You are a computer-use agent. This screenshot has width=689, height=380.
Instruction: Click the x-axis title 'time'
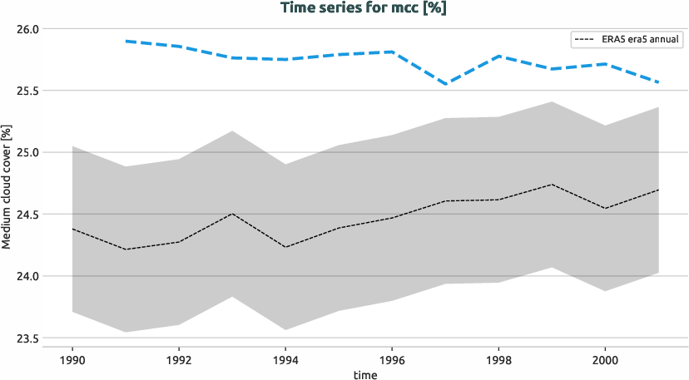tap(364, 375)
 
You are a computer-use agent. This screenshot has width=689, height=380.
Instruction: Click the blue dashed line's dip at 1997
tap(445, 84)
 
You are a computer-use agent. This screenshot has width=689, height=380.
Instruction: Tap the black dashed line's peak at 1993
tap(232, 214)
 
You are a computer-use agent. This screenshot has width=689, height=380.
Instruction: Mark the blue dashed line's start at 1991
tap(126, 41)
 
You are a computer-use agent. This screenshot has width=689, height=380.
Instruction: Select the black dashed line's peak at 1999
tap(552, 185)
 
